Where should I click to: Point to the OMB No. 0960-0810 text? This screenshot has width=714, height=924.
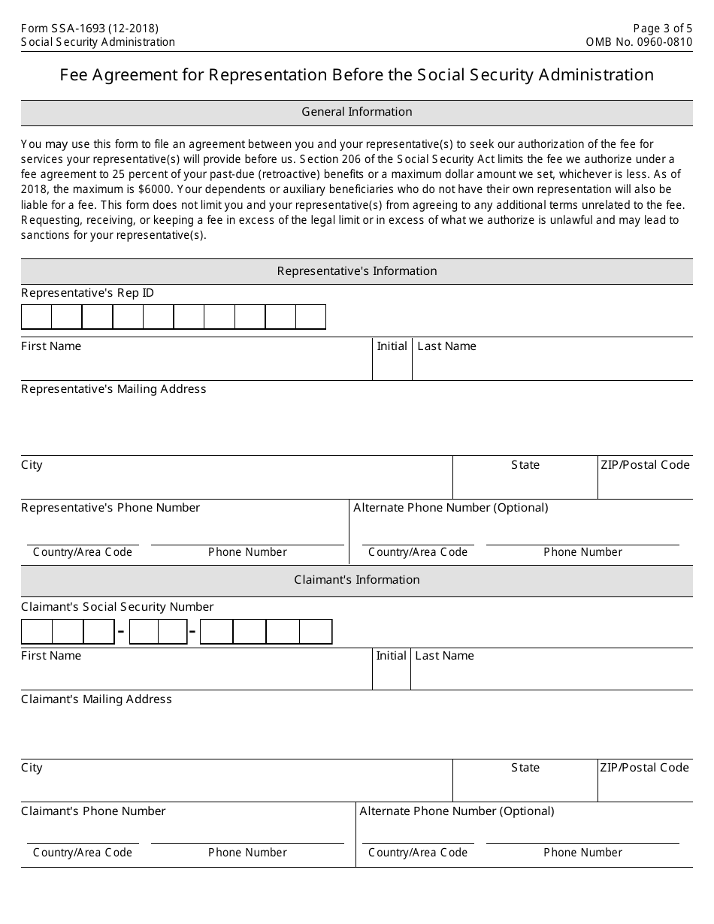coord(639,42)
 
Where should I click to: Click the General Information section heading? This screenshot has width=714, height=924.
coord(356,112)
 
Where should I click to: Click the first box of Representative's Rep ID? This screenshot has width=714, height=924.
coord(36,317)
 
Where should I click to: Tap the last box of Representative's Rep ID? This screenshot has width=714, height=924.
coord(310,317)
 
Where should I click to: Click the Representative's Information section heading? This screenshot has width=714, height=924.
coord(356,271)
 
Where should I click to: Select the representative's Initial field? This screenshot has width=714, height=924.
coord(392,365)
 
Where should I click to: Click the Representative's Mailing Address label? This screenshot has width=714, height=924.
coord(113,389)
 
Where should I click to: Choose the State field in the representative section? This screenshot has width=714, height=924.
coord(525,482)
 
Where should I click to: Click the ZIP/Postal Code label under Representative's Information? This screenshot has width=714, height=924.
coord(644,465)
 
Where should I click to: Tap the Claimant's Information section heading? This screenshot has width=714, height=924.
coord(356,580)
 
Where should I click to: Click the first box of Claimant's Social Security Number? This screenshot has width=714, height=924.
coord(36,632)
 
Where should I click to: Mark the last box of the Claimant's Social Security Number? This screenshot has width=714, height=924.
coord(316,632)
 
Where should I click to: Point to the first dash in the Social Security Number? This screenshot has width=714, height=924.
coord(121,633)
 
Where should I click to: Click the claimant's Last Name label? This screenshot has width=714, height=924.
coord(444,656)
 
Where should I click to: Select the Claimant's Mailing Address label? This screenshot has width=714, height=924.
coord(96,699)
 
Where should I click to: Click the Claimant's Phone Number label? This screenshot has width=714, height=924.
coord(93,811)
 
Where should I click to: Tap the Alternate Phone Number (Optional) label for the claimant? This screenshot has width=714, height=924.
coord(456,811)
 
